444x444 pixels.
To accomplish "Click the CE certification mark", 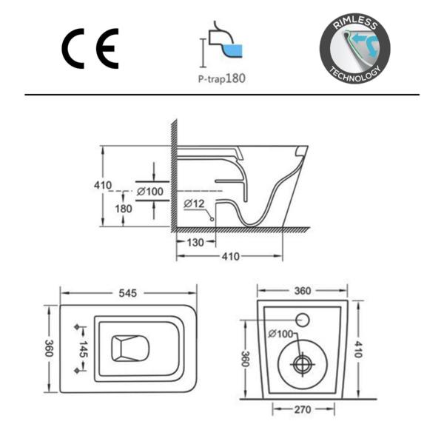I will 90,49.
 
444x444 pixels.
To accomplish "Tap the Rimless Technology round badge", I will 354,49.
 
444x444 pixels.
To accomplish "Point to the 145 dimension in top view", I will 83,349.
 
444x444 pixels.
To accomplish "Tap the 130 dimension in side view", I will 195,243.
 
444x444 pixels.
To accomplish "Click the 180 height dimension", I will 123,209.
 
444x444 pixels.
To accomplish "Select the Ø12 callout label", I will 194,203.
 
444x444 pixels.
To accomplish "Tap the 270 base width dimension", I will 302,410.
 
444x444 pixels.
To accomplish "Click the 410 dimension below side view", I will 230,257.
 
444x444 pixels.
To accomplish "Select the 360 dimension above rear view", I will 303,291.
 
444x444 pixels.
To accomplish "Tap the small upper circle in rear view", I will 303,320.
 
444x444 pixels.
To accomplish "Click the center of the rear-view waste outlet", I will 302,364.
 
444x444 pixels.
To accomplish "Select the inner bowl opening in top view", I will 129,348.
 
